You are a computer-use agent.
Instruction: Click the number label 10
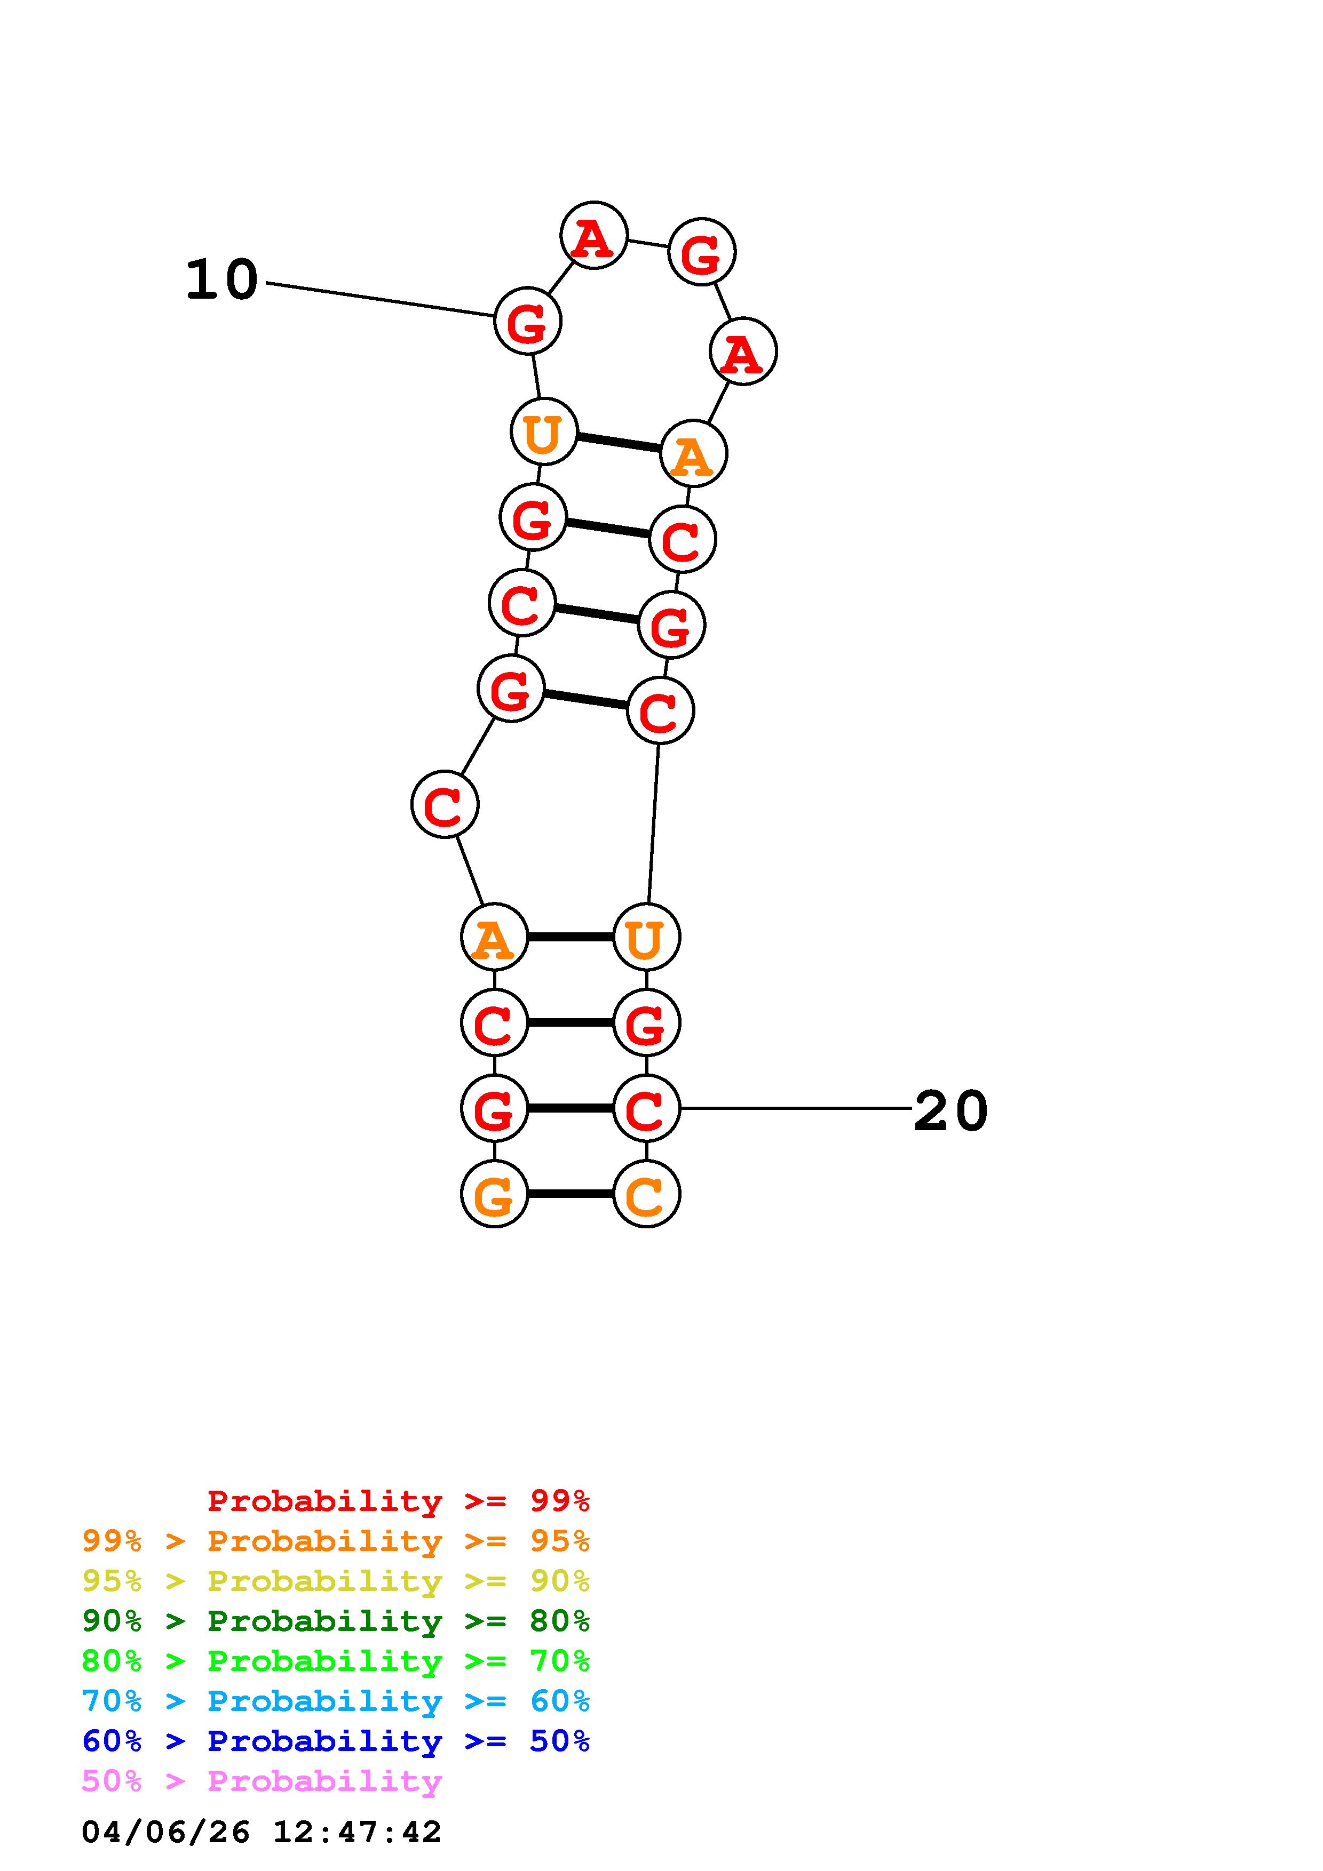[221, 281]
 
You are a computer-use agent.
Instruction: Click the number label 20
[950, 1110]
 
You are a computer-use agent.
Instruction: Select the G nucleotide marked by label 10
[527, 321]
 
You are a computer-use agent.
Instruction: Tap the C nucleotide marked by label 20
[646, 1108]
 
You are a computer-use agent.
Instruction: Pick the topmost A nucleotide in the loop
[593, 236]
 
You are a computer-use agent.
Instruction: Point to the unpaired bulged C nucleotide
[444, 804]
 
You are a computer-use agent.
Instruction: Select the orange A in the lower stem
[494, 937]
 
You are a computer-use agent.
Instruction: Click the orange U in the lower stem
[646, 937]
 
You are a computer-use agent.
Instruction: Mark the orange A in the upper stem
[693, 454]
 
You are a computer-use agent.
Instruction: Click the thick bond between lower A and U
[570, 937]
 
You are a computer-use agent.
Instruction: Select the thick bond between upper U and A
[618, 443]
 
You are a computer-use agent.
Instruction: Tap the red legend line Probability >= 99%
[398, 1500]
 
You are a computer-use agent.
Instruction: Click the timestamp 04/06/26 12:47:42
[261, 1832]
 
